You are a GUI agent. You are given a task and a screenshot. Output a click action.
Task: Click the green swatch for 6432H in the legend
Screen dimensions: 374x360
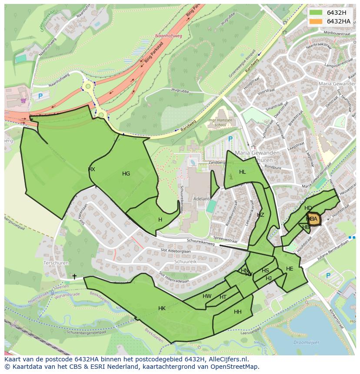coord(316,13)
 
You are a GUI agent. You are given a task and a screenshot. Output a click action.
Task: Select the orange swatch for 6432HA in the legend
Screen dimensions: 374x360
coord(316,21)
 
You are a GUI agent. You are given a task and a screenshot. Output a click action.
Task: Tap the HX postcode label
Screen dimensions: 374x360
coord(91,169)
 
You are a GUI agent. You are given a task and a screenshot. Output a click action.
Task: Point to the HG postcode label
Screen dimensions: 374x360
coord(126,174)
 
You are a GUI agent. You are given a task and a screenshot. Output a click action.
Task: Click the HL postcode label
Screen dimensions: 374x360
coord(243,172)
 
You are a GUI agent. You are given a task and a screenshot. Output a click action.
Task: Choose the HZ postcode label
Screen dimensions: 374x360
coord(260,215)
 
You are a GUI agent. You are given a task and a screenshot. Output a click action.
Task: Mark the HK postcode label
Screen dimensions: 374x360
coord(162,308)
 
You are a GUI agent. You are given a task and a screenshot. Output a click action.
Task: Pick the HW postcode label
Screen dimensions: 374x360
coord(207,296)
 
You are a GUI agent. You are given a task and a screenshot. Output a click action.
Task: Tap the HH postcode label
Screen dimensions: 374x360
coord(238,312)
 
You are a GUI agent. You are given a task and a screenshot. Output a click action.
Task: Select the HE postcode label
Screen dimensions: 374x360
coord(290,269)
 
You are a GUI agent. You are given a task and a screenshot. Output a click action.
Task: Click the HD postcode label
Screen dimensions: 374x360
coord(308,208)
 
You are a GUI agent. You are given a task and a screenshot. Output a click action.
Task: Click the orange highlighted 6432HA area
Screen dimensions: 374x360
coord(314,219)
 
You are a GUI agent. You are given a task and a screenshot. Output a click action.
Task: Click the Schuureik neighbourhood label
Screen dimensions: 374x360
coord(186,262)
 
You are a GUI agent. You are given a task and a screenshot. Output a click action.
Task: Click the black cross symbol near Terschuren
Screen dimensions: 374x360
coord(74,276)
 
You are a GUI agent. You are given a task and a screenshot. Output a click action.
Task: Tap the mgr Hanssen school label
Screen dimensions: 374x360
coord(220,122)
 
